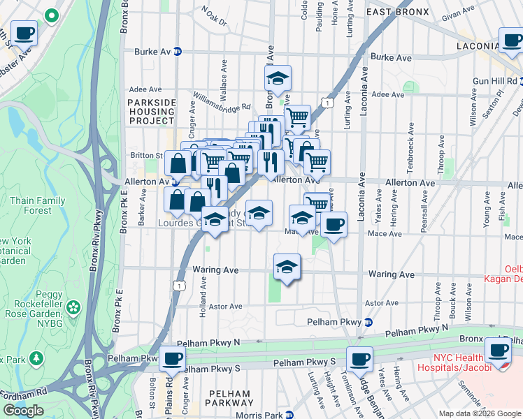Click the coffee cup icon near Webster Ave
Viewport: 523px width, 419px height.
tap(24, 32)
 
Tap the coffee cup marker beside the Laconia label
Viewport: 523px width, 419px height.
tap(512, 39)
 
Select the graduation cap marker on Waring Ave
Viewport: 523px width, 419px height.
tap(287, 266)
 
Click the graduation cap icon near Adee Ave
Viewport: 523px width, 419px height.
tap(278, 78)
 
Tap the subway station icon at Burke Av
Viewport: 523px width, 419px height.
tap(178, 51)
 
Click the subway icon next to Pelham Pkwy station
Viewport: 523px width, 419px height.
tap(368, 322)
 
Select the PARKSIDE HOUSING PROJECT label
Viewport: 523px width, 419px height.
tap(151, 111)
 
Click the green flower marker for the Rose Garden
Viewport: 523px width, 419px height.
tap(73, 307)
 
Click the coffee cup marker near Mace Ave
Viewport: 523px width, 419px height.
tap(334, 224)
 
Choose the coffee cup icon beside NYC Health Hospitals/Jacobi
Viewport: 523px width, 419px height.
tap(498, 350)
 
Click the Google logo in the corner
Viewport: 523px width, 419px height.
tap(24, 411)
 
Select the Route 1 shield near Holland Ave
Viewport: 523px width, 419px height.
tap(180, 286)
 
